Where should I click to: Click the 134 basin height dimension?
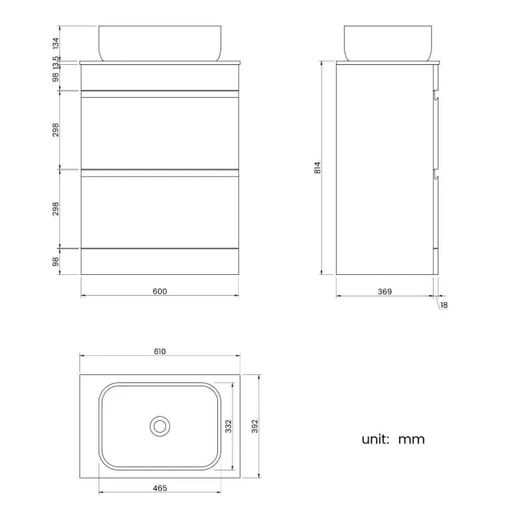point(55,42)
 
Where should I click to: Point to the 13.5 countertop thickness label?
point(55,62)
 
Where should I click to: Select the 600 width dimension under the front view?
point(160,291)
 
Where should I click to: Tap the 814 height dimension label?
point(317,168)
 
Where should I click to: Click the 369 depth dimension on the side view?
point(384,291)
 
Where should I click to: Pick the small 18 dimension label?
point(443,305)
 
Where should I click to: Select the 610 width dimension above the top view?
point(160,351)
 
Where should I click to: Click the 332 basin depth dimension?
point(228,425)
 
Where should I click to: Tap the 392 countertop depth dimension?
point(255,425)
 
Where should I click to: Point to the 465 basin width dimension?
point(160,487)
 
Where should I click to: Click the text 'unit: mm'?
point(393,438)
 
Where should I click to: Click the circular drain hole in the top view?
point(160,426)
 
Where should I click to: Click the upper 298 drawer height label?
point(55,130)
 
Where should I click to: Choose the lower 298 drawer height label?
point(55,208)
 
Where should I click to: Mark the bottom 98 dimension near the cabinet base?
point(55,261)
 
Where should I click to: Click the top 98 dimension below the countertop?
point(55,77)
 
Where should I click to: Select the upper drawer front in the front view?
point(160,132)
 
